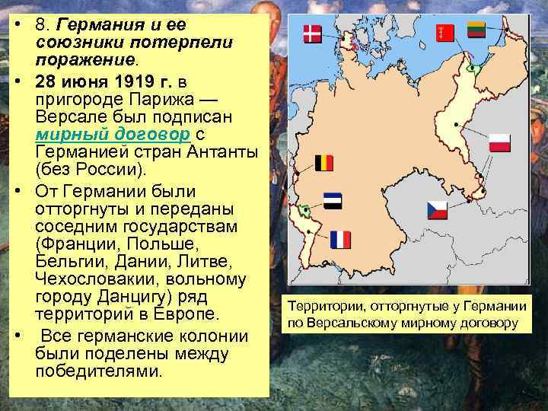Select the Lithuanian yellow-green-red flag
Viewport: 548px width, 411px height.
tap(476, 31)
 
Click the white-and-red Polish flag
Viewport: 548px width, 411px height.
tap(499, 142)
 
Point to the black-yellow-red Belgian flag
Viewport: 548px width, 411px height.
tap(324, 163)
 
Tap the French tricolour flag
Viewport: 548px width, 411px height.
tap(341, 240)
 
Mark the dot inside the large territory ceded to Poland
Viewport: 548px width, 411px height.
tap(456, 123)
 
